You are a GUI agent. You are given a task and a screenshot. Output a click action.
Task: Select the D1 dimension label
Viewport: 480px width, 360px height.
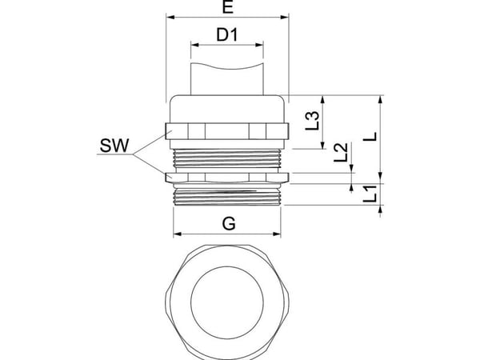(227, 34)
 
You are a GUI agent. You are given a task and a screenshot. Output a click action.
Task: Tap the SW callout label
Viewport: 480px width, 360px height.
(114, 146)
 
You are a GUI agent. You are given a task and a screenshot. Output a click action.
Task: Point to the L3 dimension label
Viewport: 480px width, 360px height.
(313, 120)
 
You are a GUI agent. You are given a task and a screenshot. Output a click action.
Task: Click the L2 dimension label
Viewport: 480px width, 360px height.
(341, 153)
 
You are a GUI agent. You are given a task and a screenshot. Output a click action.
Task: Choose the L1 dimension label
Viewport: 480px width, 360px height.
(370, 194)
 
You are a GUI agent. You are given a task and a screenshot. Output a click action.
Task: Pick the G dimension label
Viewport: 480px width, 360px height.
(229, 223)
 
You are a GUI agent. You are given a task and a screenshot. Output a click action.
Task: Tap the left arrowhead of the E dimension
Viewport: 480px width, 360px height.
(170, 17)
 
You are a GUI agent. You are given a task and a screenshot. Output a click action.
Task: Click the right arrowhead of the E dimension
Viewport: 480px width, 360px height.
(285, 17)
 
